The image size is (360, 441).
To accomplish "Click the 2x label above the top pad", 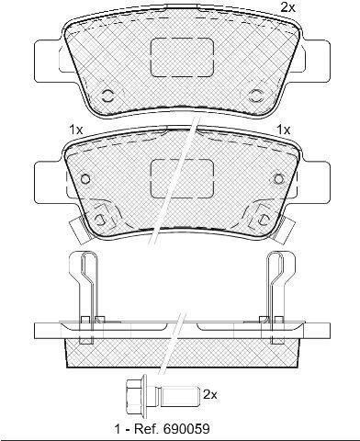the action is (287, 7).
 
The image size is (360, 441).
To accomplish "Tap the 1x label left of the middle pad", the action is (75, 130).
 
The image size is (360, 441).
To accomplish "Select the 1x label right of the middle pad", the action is (284, 130).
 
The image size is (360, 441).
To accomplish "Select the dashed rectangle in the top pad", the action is (182, 57).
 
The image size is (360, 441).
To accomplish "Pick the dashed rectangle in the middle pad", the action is (183, 178).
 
